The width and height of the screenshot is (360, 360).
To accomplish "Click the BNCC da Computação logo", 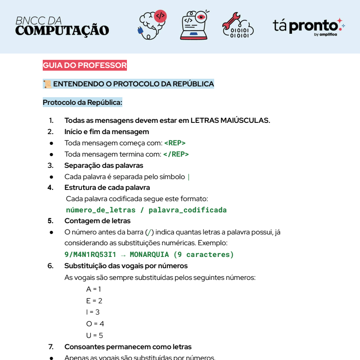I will tap(62, 26).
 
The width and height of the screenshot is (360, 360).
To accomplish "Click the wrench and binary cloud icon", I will tap(237, 25).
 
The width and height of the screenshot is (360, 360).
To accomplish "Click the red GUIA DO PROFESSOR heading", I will tap(85, 66).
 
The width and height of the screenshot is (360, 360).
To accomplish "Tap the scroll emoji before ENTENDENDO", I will tap(47, 84).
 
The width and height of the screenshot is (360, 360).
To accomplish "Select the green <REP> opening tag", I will tap(175, 143).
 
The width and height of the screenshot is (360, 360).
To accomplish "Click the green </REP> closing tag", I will tap(176, 154).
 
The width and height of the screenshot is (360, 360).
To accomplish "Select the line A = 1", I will tap(94, 289).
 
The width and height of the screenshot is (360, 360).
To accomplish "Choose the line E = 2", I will tap(94, 301).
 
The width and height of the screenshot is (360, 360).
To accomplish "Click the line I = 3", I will tap(93, 312).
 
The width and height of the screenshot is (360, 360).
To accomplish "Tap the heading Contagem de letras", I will tap(97, 221).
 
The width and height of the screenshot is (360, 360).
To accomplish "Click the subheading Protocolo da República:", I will tap(82, 103).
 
